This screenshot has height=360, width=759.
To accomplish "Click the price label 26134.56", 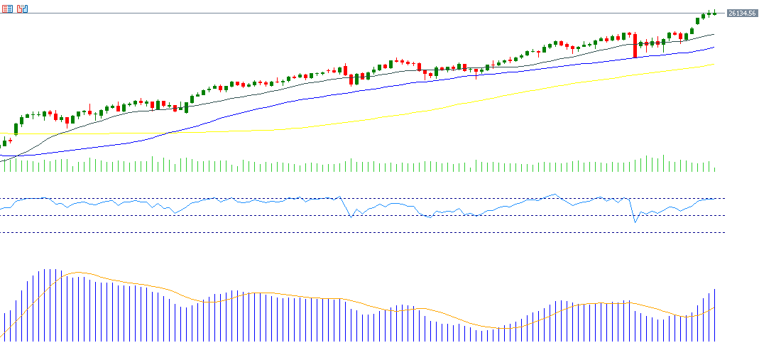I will [x=741, y=13].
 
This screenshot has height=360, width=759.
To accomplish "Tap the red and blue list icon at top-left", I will [x=7, y=9].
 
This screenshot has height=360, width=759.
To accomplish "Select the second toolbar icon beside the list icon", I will [x=23, y=9].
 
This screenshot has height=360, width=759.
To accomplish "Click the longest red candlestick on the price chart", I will [x=635, y=45].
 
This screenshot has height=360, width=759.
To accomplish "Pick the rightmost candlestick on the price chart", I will [x=714, y=12].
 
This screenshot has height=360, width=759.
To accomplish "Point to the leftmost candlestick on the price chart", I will [x=4, y=143].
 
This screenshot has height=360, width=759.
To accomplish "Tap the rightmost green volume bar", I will [x=714, y=169].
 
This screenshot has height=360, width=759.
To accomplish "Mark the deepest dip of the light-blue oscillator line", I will [x=635, y=222].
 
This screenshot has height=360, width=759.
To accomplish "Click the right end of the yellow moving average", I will [x=714, y=65].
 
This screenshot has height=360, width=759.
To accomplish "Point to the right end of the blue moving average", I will [x=714, y=48].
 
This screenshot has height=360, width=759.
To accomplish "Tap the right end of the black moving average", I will [x=714, y=33].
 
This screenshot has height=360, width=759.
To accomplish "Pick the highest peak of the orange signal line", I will [x=77, y=272].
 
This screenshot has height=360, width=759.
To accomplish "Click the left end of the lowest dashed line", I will [x=2, y=232].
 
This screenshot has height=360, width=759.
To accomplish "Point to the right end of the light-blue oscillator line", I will [x=714, y=199].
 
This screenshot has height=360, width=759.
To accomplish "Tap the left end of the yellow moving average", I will [x=13, y=133].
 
